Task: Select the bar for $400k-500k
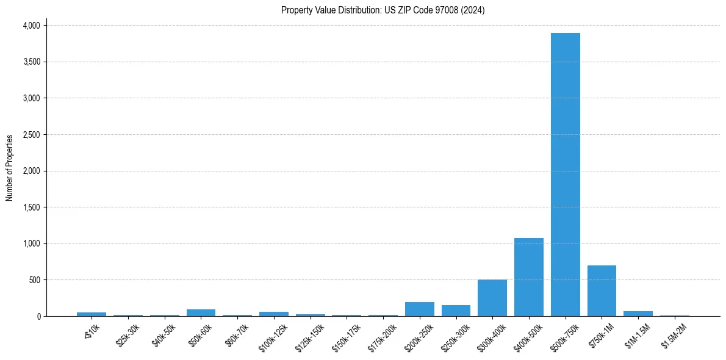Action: click(x=528, y=277)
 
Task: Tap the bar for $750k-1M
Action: click(x=602, y=291)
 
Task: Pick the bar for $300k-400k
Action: click(x=492, y=298)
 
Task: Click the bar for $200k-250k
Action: click(x=419, y=309)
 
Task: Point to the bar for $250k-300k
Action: click(x=456, y=311)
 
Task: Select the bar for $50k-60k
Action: click(x=201, y=312)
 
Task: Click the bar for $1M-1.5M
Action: click(x=638, y=314)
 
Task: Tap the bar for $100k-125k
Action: click(x=274, y=314)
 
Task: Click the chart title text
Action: click(x=383, y=10)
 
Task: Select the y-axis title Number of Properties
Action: click(x=10, y=168)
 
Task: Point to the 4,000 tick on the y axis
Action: click(x=31, y=26)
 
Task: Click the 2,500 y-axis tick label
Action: click(x=31, y=135)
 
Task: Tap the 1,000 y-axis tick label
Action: click(x=31, y=243)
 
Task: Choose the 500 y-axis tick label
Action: click(x=34, y=280)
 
